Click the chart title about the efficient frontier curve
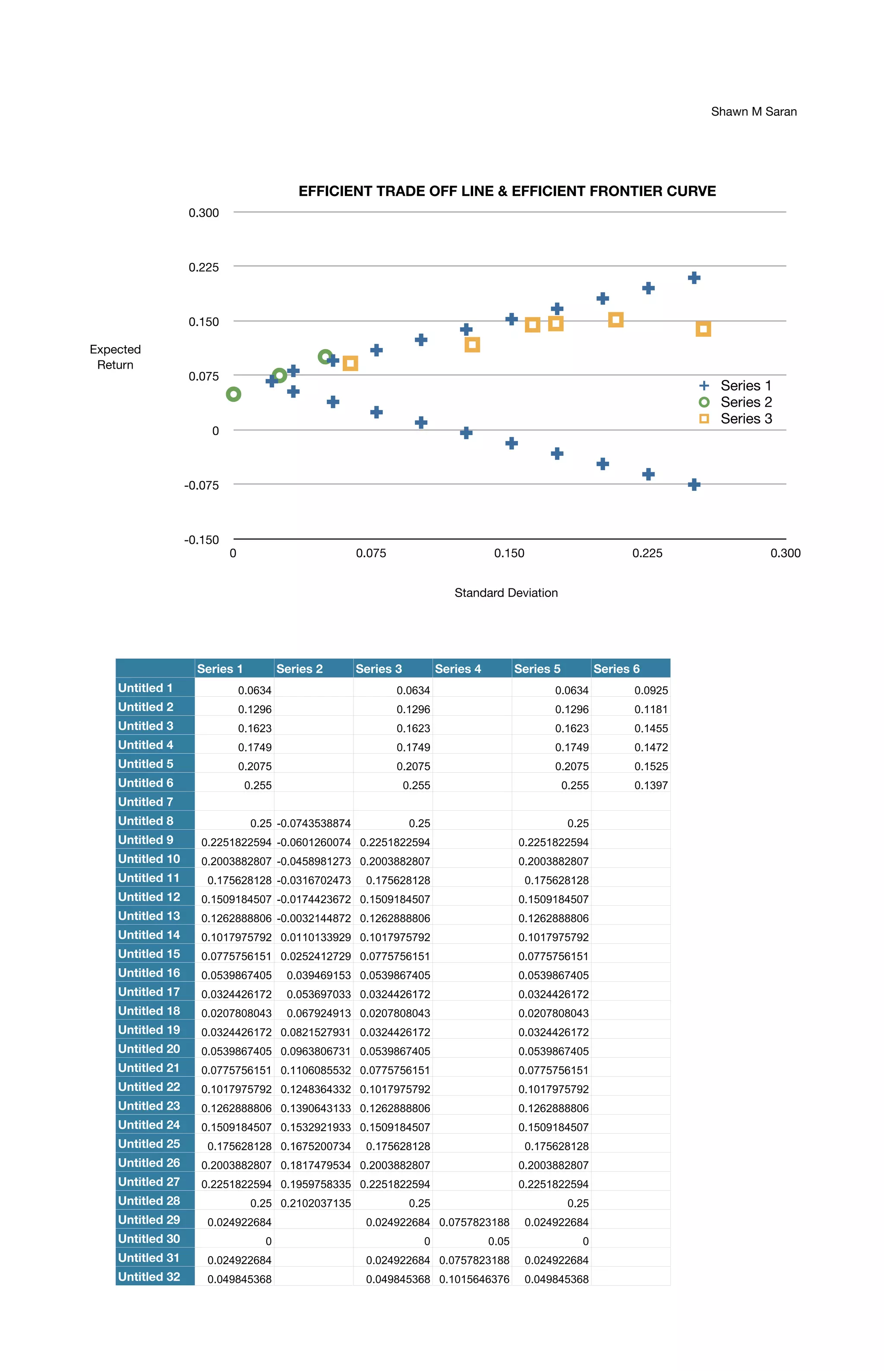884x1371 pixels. (x=507, y=191)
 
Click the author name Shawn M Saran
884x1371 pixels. (x=753, y=111)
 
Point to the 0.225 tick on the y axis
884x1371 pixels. (x=204, y=267)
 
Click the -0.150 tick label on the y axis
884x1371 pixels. (x=202, y=540)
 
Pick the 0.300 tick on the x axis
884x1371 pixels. (x=785, y=553)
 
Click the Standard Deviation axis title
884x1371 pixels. (x=506, y=593)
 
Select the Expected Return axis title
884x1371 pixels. (x=115, y=357)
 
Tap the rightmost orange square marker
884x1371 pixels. (x=703, y=329)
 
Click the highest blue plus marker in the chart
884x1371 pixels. (x=694, y=278)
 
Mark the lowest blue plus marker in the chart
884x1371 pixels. (x=694, y=485)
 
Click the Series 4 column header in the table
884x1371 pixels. (x=458, y=669)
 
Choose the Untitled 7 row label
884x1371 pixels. (x=146, y=802)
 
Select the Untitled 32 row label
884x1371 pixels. (x=149, y=1276)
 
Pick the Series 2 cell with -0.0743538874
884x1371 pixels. (x=313, y=823)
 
